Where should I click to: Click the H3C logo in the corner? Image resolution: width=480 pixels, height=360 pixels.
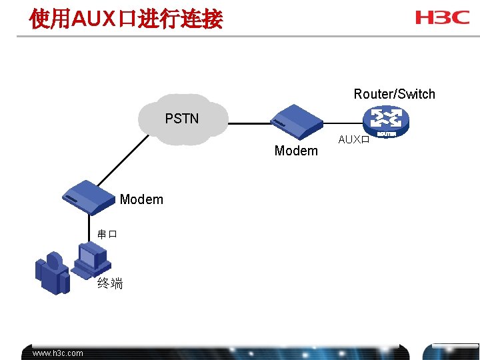pyautogui.click(x=442, y=18)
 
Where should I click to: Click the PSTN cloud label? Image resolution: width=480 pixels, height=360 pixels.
pyautogui.click(x=182, y=119)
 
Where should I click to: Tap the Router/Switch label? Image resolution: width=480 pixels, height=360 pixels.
pyautogui.click(x=394, y=94)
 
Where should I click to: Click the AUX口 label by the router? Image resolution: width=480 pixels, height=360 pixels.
pyautogui.click(x=353, y=140)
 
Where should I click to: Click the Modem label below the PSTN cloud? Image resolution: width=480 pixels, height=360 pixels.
pyautogui.click(x=296, y=151)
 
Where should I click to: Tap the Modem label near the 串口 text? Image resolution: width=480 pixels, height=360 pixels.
pyautogui.click(x=141, y=199)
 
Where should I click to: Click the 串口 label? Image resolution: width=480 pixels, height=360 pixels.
pyautogui.click(x=107, y=234)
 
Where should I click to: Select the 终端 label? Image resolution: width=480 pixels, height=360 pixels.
pyautogui.click(x=110, y=284)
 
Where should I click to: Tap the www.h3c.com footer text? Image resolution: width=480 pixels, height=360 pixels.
pyautogui.click(x=58, y=353)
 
